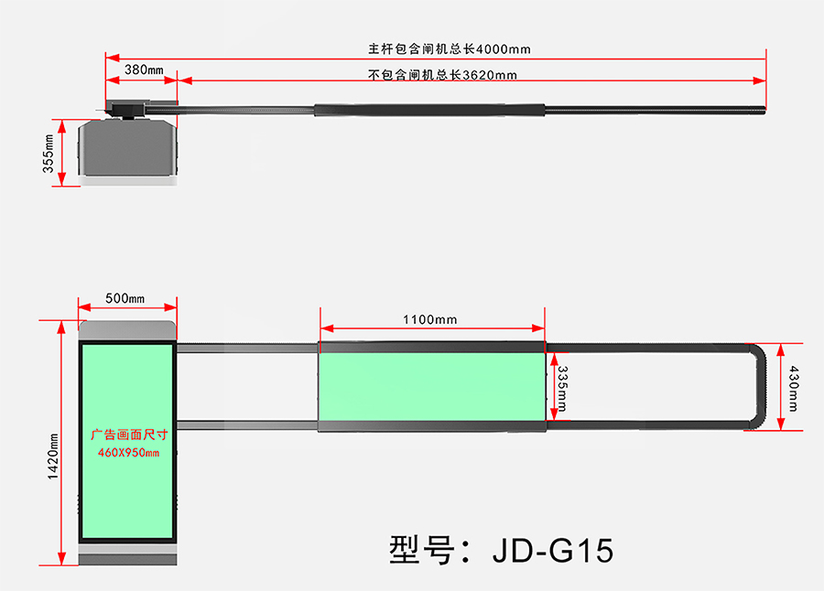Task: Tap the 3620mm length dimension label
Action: (x=442, y=75)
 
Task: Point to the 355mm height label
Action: (x=49, y=153)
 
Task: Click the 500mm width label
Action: (x=125, y=299)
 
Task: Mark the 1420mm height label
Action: (x=53, y=456)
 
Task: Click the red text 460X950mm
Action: (x=128, y=453)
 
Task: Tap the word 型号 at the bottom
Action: (x=420, y=551)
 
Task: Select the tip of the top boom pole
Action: (x=762, y=110)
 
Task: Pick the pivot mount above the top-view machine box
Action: (x=128, y=109)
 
